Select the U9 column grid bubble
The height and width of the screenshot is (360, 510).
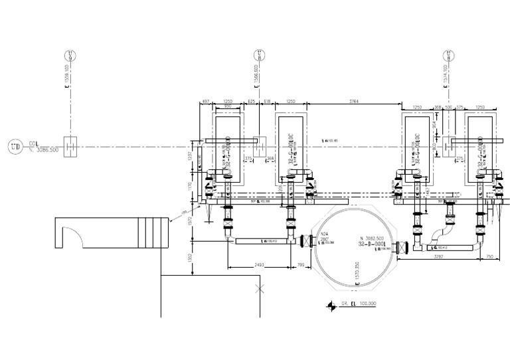pos(71,55)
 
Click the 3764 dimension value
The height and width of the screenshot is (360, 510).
pos(354,101)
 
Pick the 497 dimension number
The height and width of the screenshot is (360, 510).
pos(205,101)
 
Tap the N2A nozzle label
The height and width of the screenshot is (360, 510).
pos(324,234)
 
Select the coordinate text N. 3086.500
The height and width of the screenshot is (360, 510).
pos(44,150)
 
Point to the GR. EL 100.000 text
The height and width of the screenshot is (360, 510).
pos(360,303)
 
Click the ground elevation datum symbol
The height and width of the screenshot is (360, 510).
pos(330,304)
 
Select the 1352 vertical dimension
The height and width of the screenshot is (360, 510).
pos(190,258)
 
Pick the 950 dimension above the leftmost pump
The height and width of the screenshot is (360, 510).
pos(228,106)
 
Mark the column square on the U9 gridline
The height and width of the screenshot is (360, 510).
pos(71,145)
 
